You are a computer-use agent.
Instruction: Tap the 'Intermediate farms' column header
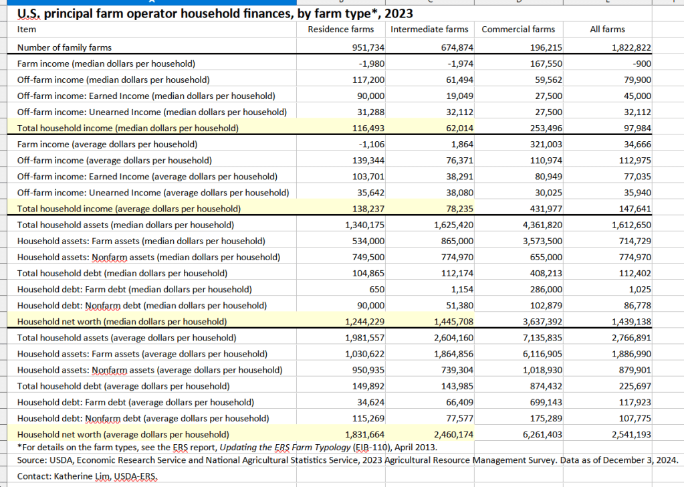coord(429,29)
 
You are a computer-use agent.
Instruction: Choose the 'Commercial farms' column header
coord(518,29)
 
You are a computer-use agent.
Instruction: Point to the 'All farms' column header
coord(607,29)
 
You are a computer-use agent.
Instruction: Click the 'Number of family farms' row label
coord(64,47)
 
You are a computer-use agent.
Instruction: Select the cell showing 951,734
coord(368,47)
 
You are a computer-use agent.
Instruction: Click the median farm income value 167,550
coord(545,64)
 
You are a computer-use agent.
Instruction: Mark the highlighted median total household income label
coord(127,128)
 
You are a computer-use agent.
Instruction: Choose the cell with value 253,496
coord(545,128)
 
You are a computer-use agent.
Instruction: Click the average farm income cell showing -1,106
coord(371,144)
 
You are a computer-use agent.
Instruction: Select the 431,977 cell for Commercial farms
coord(545,209)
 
